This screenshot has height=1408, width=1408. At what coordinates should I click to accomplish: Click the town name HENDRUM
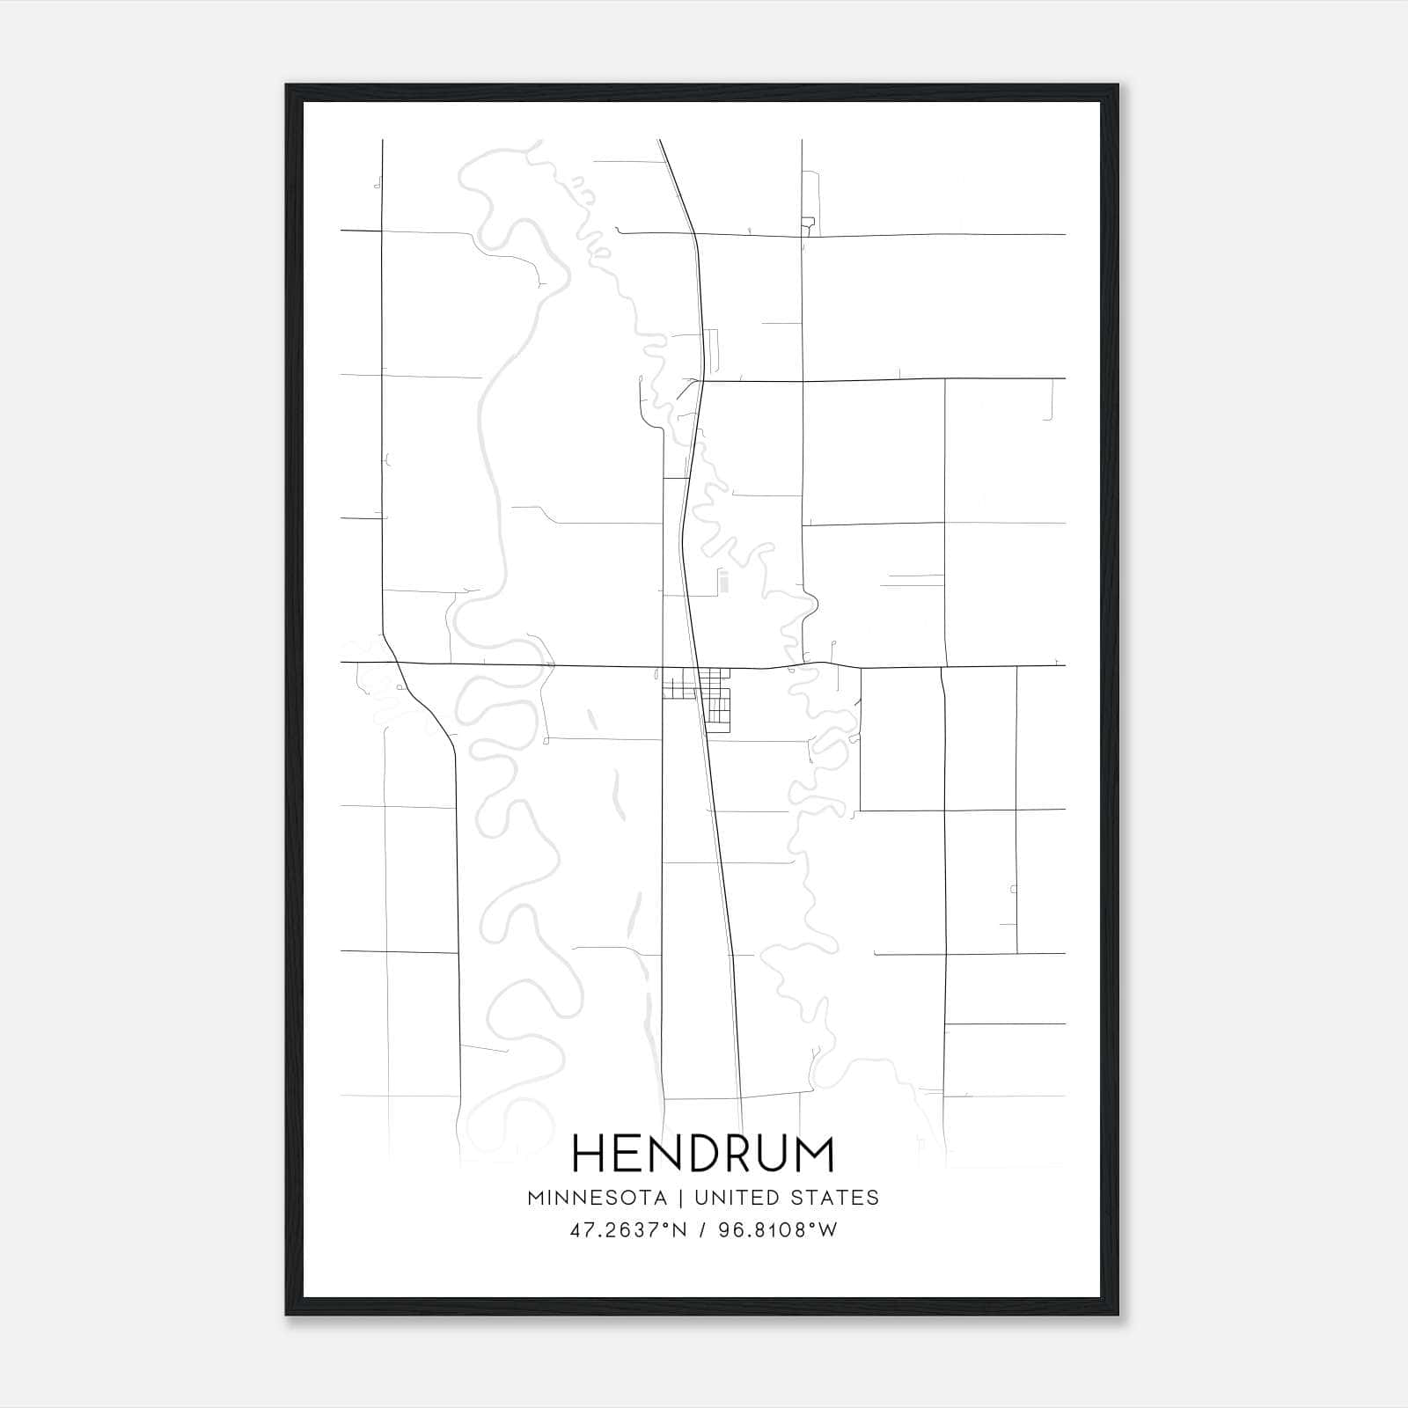703,1154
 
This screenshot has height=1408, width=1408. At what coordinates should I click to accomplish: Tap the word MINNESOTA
597,1198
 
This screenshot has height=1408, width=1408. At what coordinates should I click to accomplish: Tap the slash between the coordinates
701,1230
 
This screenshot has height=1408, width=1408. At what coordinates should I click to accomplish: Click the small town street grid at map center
697,695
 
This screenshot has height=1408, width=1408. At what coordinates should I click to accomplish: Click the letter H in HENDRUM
590,1154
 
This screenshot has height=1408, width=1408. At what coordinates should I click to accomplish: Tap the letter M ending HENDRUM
812,1154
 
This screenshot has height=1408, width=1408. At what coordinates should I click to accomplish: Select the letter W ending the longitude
827,1230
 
